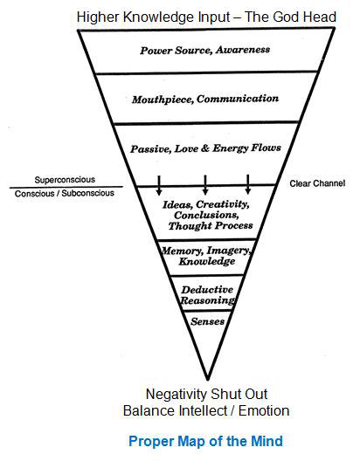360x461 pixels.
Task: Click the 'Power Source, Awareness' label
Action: click(205, 50)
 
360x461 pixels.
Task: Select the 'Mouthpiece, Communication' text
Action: click(205, 99)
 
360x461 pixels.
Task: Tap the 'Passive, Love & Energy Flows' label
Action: click(205, 148)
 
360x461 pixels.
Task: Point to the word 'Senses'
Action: click(208, 321)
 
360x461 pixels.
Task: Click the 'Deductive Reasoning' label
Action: click(208, 295)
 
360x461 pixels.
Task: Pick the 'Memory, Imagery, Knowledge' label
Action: click(206, 256)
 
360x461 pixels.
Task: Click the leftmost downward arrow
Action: click(159, 185)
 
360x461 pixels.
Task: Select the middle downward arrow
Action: click(205, 184)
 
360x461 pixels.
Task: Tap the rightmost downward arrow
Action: click(248, 184)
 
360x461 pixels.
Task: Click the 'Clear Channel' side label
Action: click(317, 183)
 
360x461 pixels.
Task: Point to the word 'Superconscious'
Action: click(65, 180)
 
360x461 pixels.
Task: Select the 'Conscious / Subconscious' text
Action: click(65, 194)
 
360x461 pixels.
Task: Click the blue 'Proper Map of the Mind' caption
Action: click(205, 441)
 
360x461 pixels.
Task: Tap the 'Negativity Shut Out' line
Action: click(206, 394)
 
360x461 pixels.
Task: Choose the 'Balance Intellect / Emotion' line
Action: click(206, 410)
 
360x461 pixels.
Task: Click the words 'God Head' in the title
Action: click(304, 17)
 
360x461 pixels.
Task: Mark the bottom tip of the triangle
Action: click(208, 379)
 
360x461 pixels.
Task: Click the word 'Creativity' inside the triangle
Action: click(223, 204)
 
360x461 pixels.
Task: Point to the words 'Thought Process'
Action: click(211, 226)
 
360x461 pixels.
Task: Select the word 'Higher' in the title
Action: click(98, 17)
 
